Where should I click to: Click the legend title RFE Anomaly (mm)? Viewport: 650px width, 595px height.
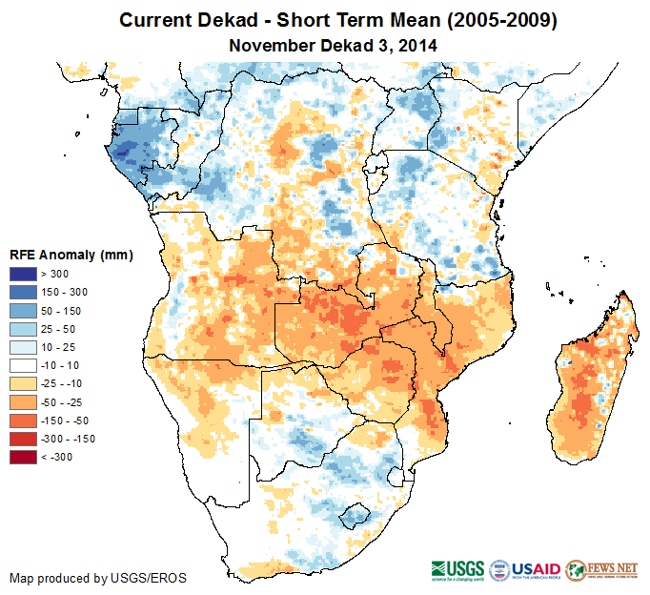[71, 256]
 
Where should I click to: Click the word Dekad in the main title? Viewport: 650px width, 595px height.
[223, 20]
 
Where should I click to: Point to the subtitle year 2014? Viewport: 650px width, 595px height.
[418, 45]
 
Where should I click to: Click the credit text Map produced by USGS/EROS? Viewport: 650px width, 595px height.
[98, 578]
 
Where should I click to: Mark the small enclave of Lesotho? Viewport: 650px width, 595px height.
[355, 516]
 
